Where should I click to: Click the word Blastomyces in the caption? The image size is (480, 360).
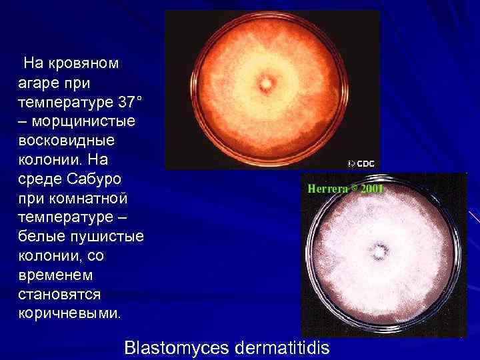click(175, 347)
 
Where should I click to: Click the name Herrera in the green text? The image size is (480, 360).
click(329, 189)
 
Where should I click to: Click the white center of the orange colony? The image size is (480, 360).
click(267, 85)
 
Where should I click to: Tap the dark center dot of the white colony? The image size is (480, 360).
click(381, 252)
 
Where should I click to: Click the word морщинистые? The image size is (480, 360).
click(80, 123)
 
